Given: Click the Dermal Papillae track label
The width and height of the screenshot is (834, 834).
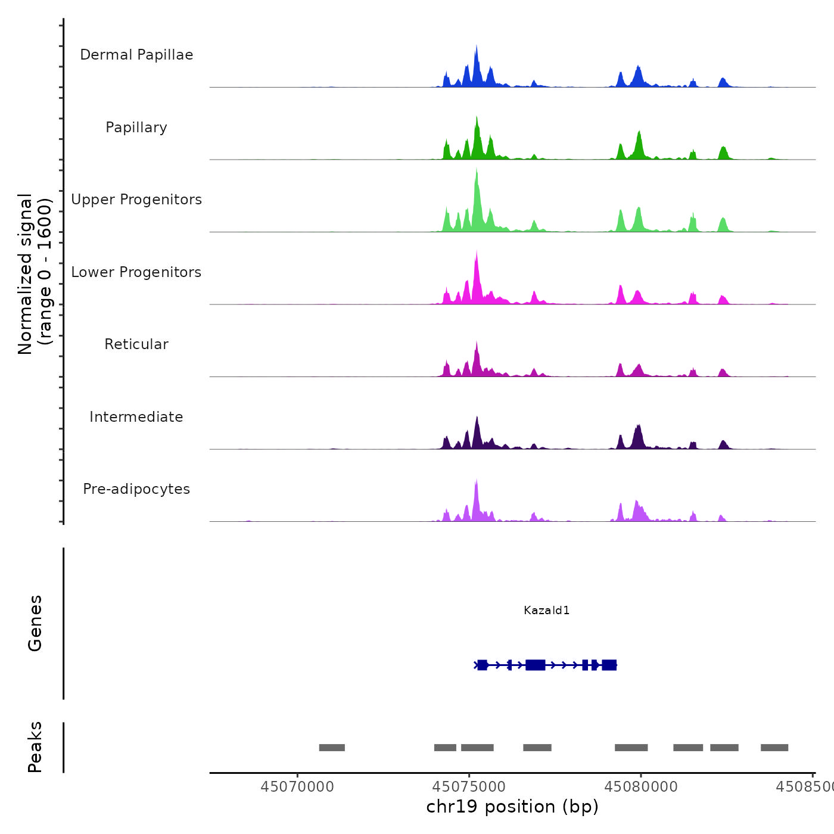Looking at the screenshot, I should click(x=136, y=55).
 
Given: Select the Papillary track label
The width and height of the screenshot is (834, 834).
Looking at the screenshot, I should click(x=136, y=127).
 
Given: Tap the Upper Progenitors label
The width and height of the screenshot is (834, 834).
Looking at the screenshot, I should click(x=136, y=200).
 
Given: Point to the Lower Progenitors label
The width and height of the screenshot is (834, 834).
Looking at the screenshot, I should click(x=136, y=272).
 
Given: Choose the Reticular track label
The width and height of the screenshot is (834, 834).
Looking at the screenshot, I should click(x=136, y=344).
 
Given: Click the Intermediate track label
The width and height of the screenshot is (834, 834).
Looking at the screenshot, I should click(x=136, y=417).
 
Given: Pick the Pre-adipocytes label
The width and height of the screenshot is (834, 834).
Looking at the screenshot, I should click(x=136, y=489).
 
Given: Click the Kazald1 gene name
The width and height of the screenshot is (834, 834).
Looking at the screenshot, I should click(x=546, y=610).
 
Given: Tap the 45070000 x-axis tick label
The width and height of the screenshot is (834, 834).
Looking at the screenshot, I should click(x=297, y=787).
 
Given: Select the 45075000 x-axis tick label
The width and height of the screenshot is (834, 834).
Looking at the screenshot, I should click(x=469, y=787).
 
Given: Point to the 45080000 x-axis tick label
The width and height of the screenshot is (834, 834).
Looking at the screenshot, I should click(x=641, y=787).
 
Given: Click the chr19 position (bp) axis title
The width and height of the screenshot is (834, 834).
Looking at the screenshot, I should click(x=512, y=807).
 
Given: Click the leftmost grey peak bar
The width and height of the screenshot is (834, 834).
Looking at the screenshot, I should click(x=332, y=748).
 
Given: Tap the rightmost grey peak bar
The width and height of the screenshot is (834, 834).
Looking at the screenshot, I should click(x=774, y=748).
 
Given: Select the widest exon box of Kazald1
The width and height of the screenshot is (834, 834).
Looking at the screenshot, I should click(x=536, y=665).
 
